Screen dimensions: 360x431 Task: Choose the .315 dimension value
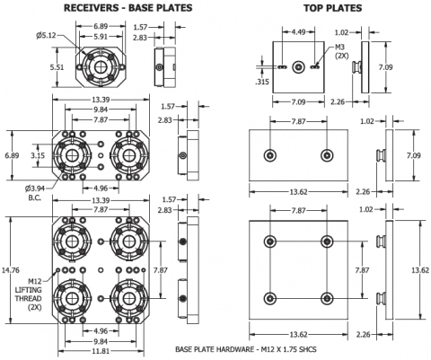(x=261, y=80)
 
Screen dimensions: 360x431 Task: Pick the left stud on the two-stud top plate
(x=270, y=154)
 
